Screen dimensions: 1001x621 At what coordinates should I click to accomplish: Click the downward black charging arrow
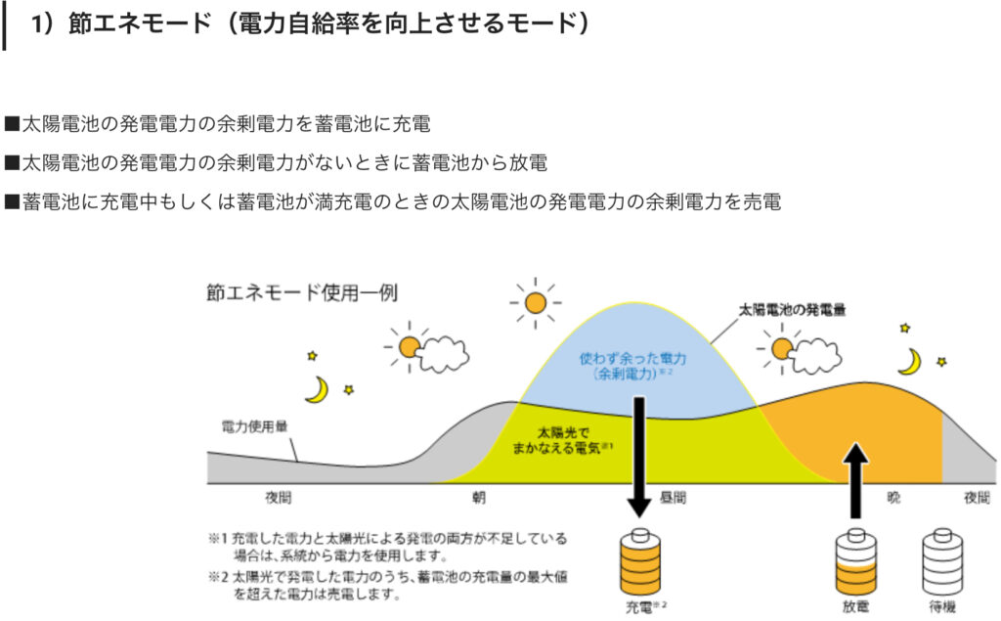(638, 456)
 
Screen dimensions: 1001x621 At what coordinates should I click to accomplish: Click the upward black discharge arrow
(855, 481)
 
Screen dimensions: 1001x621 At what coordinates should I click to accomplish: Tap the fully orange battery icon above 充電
(639, 562)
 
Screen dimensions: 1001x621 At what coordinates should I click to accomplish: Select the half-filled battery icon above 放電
(856, 562)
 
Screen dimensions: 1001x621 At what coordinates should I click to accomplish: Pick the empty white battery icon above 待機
(942, 562)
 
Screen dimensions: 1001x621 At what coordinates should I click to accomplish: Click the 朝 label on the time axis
(479, 497)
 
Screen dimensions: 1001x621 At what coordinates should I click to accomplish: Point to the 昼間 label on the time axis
(673, 497)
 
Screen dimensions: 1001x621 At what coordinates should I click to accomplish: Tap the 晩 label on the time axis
(893, 497)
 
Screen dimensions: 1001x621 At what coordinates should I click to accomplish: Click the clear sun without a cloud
(535, 303)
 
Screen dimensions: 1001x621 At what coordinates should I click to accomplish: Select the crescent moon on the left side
(319, 390)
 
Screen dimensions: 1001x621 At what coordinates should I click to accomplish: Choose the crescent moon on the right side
(912, 362)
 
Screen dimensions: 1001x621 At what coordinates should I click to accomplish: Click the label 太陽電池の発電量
(792, 311)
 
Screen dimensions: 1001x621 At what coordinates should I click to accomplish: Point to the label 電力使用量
(254, 426)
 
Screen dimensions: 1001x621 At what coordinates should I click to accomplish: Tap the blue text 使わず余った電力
(632, 358)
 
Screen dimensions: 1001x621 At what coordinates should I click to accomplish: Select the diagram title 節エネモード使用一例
(302, 292)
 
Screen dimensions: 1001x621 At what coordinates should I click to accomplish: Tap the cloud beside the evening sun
(815, 356)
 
